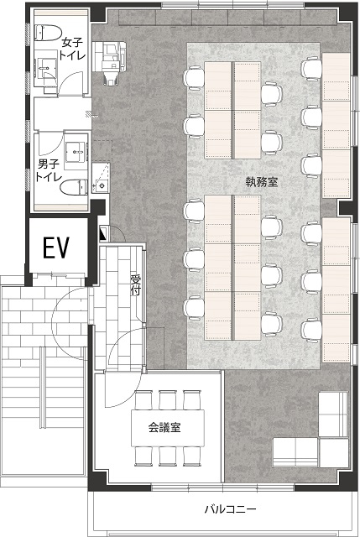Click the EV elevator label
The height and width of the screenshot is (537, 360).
(56, 248)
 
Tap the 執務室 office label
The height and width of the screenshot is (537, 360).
(262, 182)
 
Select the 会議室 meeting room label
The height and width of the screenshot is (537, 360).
(164, 427)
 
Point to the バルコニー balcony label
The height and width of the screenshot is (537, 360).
(231, 509)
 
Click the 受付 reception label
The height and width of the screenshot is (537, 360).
(136, 285)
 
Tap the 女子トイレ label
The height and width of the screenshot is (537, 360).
(72, 49)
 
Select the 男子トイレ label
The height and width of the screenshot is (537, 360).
(50, 170)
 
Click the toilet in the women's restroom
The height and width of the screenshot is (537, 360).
(47, 33)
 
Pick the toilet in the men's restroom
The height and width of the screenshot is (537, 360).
(74, 187)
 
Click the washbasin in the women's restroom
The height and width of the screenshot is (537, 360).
(45, 69)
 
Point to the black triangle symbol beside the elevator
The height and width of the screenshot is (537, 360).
(103, 233)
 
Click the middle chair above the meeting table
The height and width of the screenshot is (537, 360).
(168, 400)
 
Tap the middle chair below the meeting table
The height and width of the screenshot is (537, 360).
(168, 456)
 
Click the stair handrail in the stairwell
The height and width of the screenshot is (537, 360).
(43, 387)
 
